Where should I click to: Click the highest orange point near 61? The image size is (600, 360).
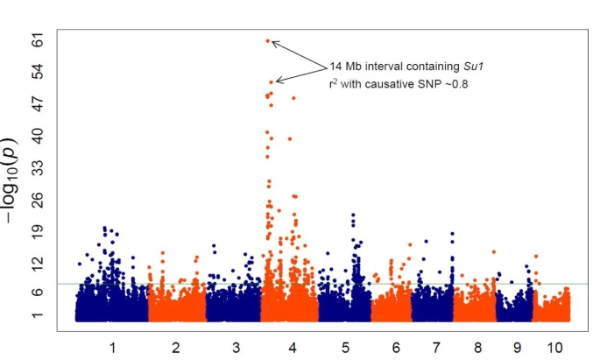(268, 40)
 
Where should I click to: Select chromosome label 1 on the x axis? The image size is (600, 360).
(113, 349)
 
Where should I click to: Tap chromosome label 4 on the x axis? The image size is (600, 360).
(292, 349)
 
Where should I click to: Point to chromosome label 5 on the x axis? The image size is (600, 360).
(346, 349)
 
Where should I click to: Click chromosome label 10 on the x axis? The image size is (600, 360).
(554, 349)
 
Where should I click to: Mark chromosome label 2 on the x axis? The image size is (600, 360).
(176, 349)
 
